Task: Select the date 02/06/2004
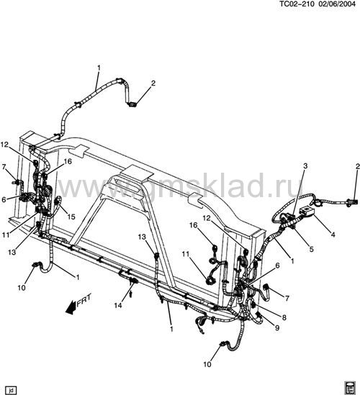click(x=337, y=4)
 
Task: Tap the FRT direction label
click(x=84, y=300)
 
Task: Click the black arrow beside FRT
click(x=71, y=307)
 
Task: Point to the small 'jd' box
click(x=11, y=390)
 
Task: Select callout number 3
click(x=305, y=166)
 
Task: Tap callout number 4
click(x=333, y=235)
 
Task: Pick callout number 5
click(x=311, y=249)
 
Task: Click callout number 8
click(x=284, y=317)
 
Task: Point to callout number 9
click(x=277, y=328)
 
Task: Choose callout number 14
click(x=118, y=306)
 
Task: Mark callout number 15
click(x=71, y=217)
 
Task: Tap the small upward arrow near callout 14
click(x=130, y=294)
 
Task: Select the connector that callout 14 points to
click(x=133, y=281)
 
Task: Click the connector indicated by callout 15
click(x=57, y=201)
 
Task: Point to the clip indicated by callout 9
click(x=259, y=314)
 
